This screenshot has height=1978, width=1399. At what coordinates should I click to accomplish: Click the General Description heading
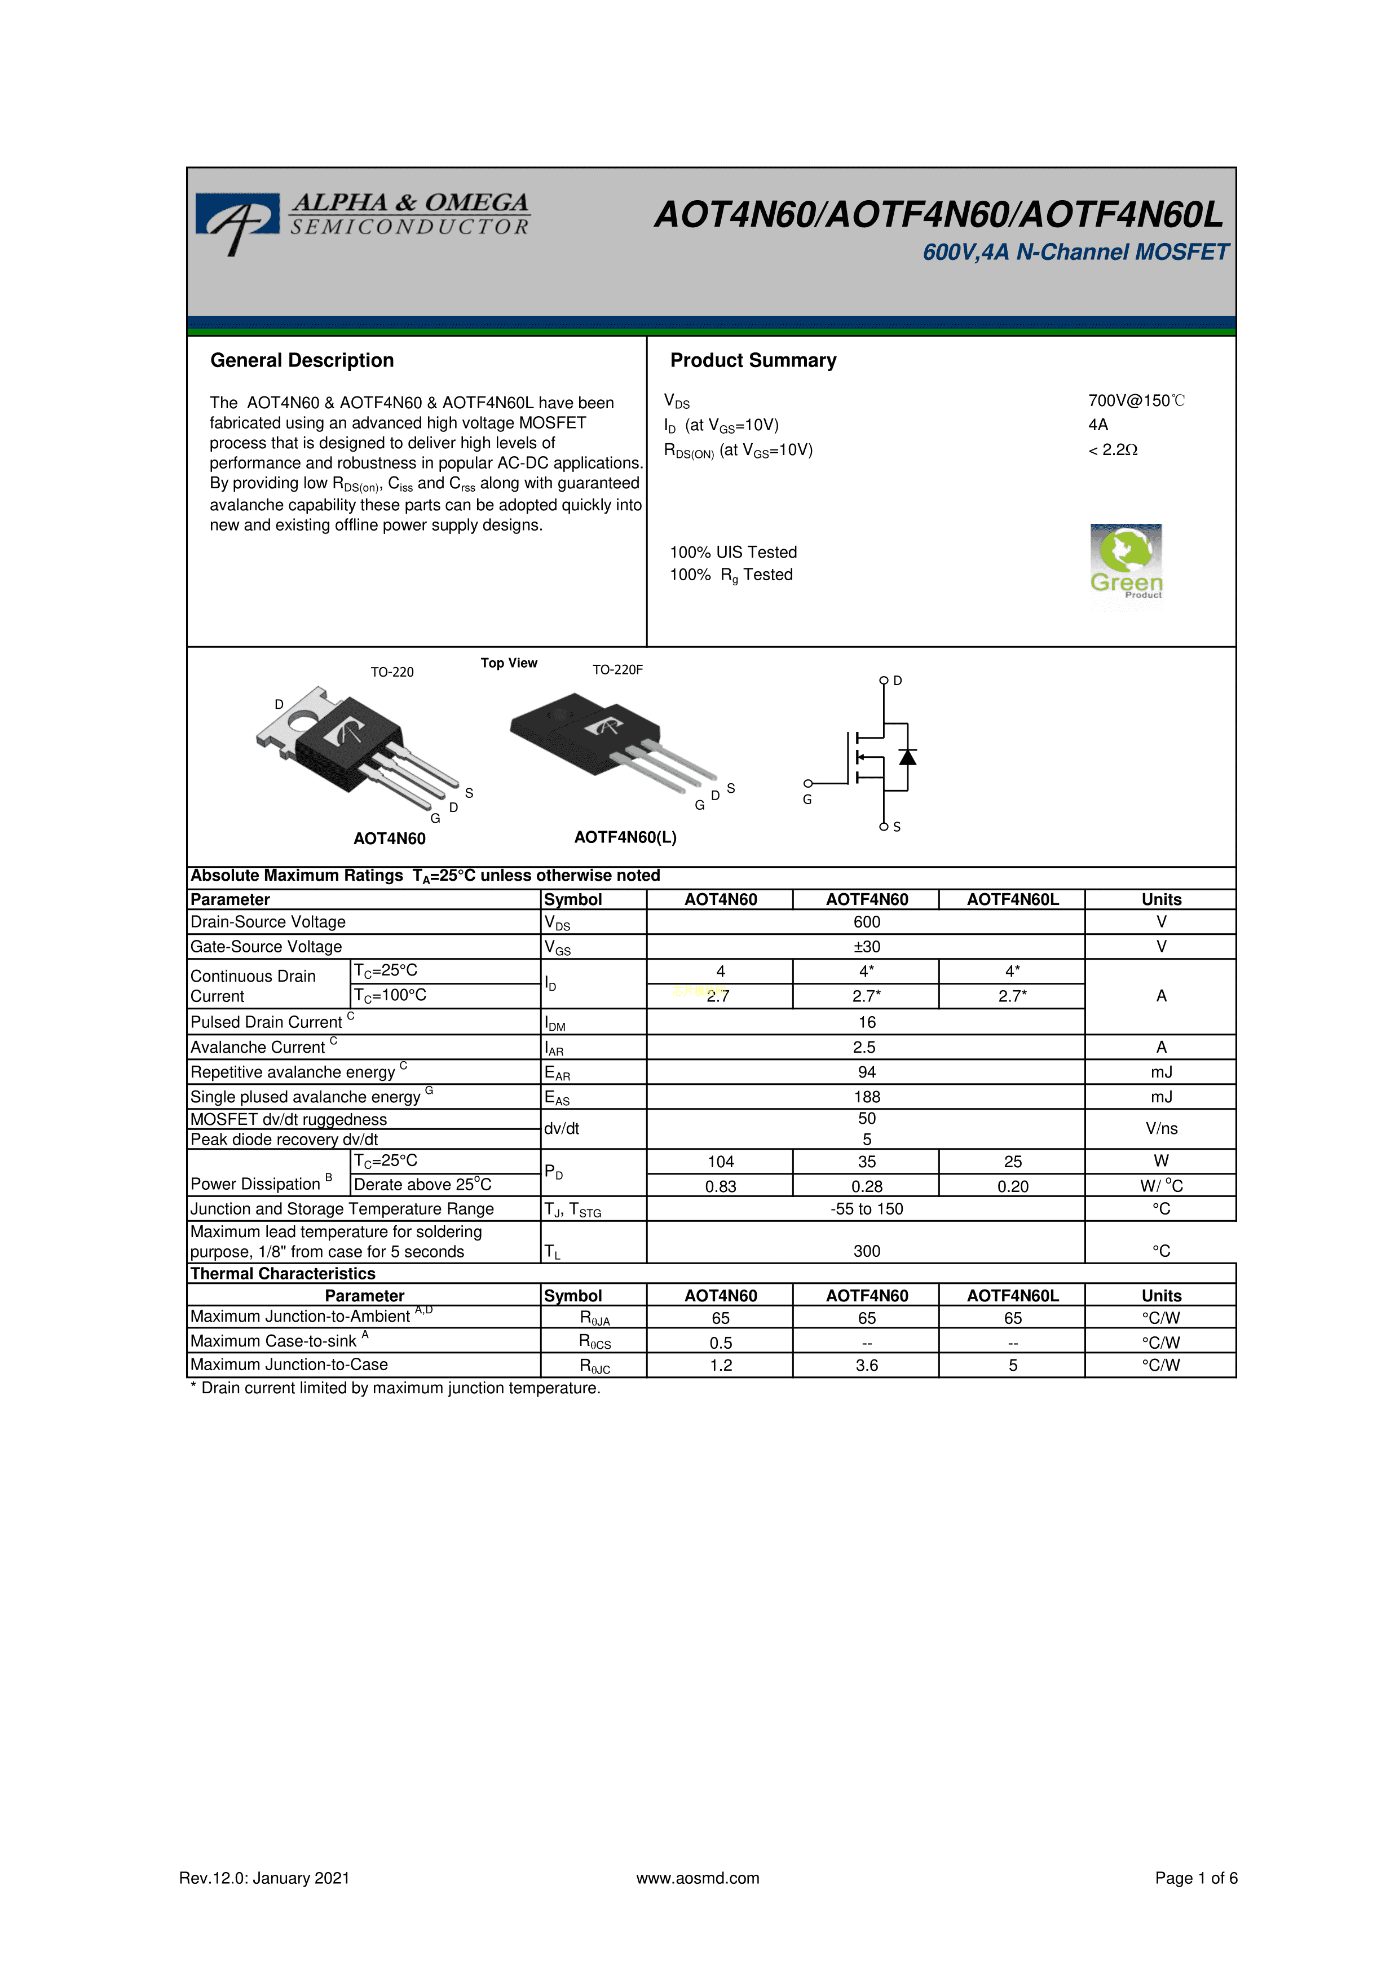click(x=302, y=360)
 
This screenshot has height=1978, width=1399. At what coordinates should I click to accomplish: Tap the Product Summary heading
click(x=753, y=360)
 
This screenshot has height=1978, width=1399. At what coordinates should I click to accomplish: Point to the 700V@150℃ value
click(x=1136, y=400)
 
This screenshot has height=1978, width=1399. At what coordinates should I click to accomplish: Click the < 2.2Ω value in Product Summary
click(x=1113, y=450)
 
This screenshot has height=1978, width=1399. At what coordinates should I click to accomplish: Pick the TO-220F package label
click(x=617, y=669)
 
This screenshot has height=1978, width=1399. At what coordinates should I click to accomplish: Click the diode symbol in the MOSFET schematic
click(x=907, y=756)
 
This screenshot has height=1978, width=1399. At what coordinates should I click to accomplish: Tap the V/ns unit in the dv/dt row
click(x=1160, y=1129)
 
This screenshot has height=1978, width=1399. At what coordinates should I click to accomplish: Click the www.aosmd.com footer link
click(x=698, y=1878)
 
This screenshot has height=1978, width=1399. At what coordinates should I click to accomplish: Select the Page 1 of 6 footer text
click(x=1195, y=1878)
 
